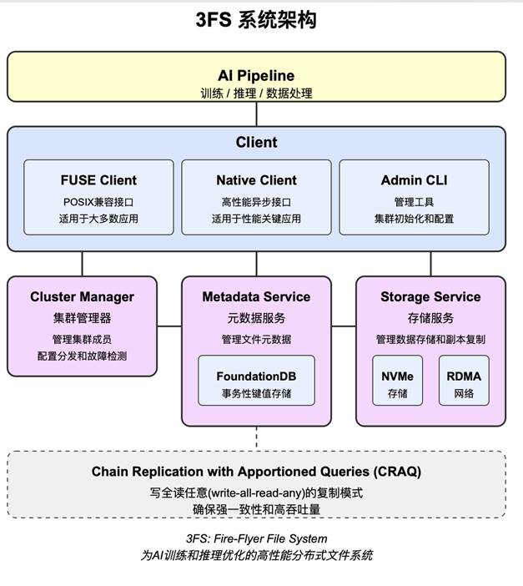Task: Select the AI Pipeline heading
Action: pyautogui.click(x=256, y=76)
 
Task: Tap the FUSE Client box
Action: pyautogui.click(x=98, y=198)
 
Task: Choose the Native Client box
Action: pyautogui.click(x=256, y=198)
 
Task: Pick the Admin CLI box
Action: pyautogui.click(x=414, y=198)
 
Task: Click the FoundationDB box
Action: pyautogui.click(x=256, y=381)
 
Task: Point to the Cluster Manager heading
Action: pyautogui.click(x=82, y=297)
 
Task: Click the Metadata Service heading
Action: pyautogui.click(x=256, y=297)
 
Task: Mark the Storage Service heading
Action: pyautogui.click(x=430, y=297)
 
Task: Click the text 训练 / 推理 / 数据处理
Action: pyautogui.click(x=256, y=93)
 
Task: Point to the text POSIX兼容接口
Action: pyautogui.click(x=98, y=202)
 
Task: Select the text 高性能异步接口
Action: pyautogui.click(x=256, y=202)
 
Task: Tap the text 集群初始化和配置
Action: pyautogui.click(x=414, y=219)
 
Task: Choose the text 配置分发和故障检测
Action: pyautogui.click(x=82, y=356)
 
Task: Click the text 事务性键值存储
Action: pyautogui.click(x=256, y=393)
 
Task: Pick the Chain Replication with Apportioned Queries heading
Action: pyautogui.click(x=256, y=472)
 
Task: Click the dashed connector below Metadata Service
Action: pyautogui.click(x=256, y=438)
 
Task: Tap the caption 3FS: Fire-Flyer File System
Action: pyautogui.click(x=256, y=538)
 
